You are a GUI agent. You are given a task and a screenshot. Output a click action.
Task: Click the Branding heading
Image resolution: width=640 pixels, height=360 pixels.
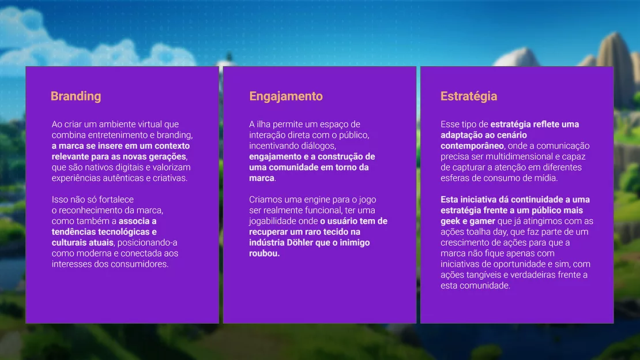pyautogui.click(x=76, y=96)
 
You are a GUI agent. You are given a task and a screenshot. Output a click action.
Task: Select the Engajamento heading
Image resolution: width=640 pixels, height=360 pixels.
pyautogui.click(x=286, y=96)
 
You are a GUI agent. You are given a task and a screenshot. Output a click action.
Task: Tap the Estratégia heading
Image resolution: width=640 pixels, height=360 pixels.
pyautogui.click(x=469, y=96)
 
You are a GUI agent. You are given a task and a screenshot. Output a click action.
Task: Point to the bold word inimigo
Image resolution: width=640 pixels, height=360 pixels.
pyautogui.click(x=355, y=243)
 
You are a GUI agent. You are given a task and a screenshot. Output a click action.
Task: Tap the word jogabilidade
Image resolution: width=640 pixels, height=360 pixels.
pyautogui.click(x=273, y=222)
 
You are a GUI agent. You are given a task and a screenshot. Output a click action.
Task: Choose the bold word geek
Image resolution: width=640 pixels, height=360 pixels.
pyautogui.click(x=450, y=222)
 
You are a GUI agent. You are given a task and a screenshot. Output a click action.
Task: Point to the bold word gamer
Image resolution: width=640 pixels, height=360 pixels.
pyautogui.click(x=481, y=222)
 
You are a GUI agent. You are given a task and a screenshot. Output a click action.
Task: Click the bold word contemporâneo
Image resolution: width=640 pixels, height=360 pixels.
pyautogui.click(x=472, y=146)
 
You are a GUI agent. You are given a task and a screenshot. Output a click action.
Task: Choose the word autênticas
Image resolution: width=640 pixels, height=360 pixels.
pyautogui.click(x=122, y=178)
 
